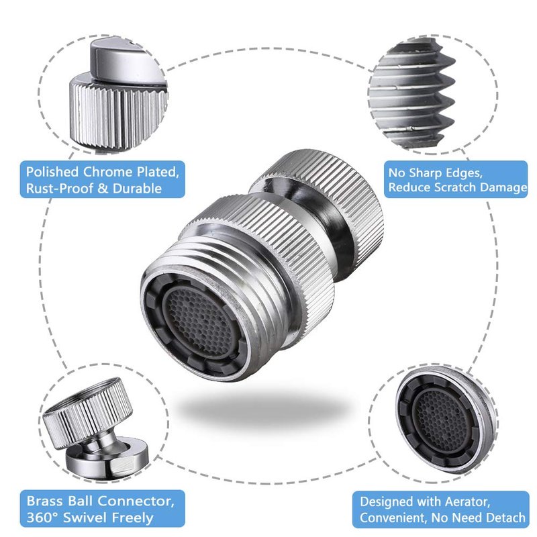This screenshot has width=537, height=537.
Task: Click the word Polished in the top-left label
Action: click(52, 172)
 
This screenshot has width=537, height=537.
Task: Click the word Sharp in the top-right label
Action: click(423, 173)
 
